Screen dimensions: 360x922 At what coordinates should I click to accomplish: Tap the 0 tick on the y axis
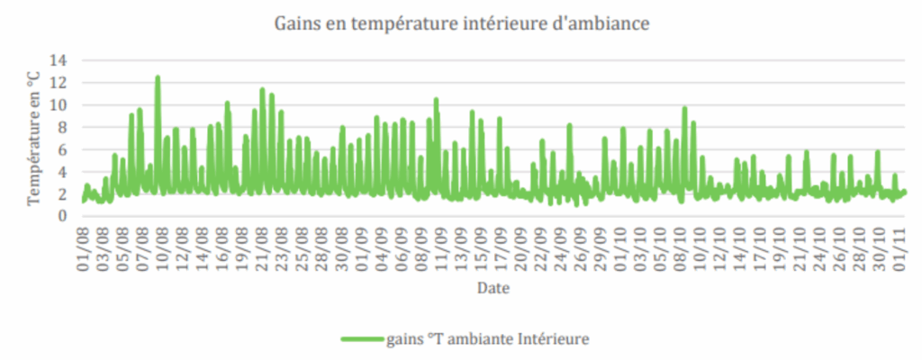click(64, 216)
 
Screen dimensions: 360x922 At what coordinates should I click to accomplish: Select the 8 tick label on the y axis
click(64, 127)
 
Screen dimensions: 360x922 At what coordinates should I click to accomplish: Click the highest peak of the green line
click(158, 77)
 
